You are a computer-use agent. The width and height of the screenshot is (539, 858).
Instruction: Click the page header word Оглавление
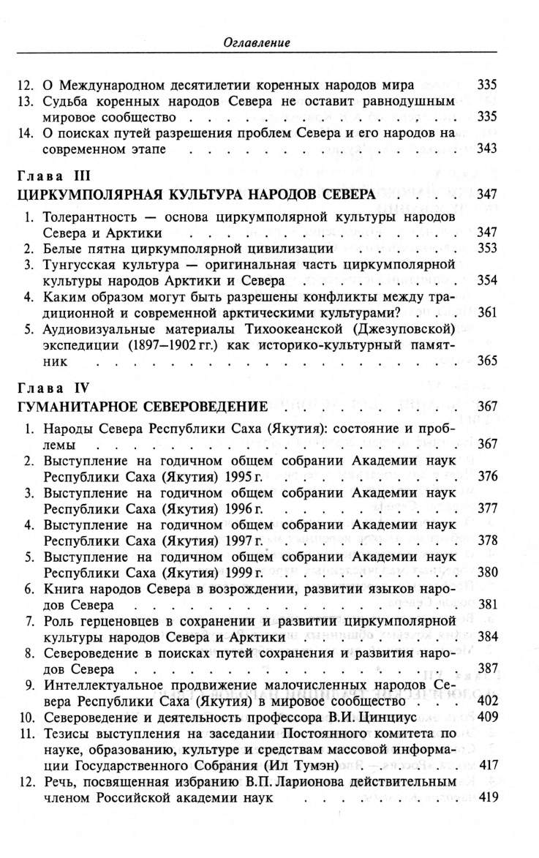coord(257,43)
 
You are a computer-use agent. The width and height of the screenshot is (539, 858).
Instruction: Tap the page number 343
coord(486,150)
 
